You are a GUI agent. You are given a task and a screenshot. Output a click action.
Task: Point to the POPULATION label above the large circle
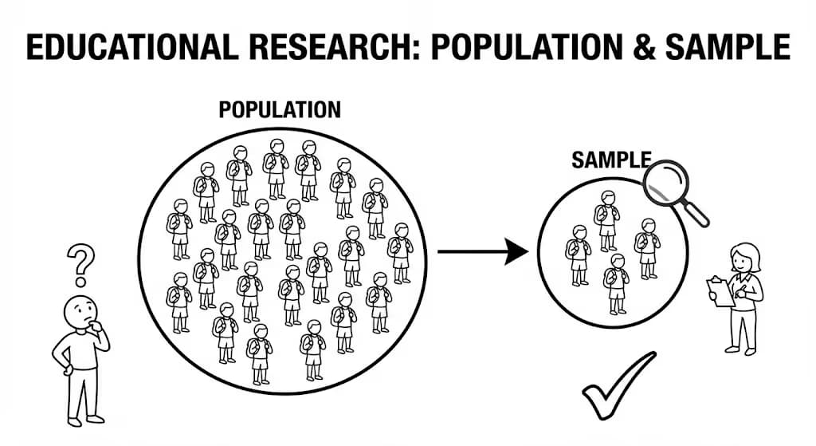pyautogui.click(x=280, y=109)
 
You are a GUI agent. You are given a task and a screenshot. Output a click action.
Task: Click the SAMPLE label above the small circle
pyautogui.click(x=611, y=160)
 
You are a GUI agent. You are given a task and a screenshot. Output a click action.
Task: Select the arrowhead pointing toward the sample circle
pyautogui.click(x=516, y=252)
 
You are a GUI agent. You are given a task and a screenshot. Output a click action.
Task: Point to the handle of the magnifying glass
pyautogui.click(x=696, y=212)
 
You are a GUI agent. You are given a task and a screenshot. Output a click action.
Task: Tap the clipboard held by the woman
pyautogui.click(x=722, y=291)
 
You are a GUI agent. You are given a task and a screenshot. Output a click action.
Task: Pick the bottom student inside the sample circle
pyautogui.click(x=615, y=284)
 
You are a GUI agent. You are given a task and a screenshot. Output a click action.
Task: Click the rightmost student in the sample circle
pyautogui.click(x=646, y=248)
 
